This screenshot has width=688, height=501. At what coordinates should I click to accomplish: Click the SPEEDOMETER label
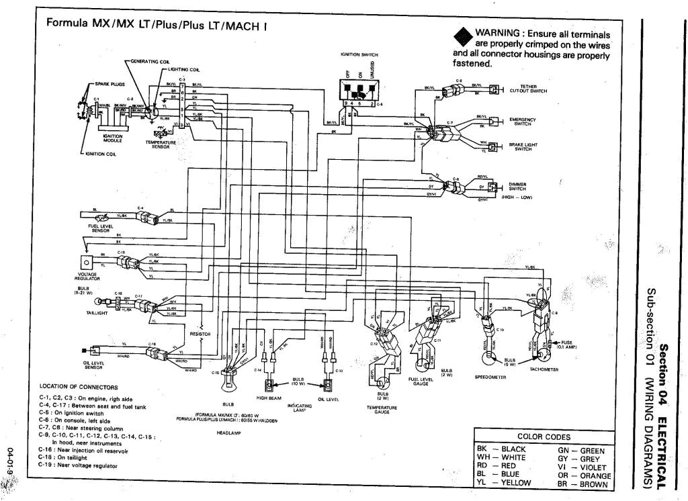(x=489, y=377)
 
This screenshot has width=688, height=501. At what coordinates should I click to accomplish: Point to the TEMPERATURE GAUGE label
(x=382, y=410)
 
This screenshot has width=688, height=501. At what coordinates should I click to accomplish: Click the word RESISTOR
(x=200, y=333)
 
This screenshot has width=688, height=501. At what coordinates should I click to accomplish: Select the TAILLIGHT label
(x=88, y=313)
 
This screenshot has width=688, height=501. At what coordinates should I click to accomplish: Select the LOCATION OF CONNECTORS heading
(x=79, y=387)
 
